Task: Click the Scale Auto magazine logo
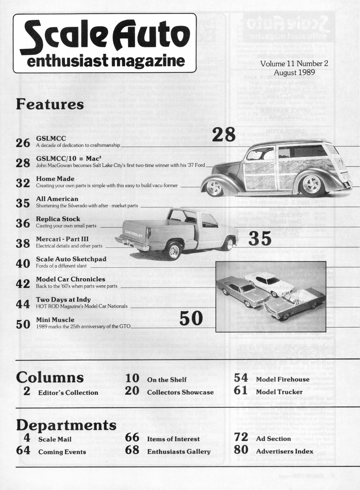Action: pyautogui.click(x=104, y=43)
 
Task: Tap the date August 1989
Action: pyautogui.click(x=294, y=72)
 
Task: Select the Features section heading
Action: pyautogui.click(x=50, y=104)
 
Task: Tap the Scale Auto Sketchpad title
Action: pyautogui.click(x=71, y=259)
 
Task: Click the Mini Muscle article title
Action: pyautogui.click(x=55, y=319)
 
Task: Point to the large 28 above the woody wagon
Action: pyautogui.click(x=223, y=135)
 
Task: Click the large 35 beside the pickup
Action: pyautogui.click(x=260, y=239)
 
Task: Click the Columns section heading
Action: pyautogui.click(x=50, y=377)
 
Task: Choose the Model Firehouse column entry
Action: pyautogui.click(x=282, y=379)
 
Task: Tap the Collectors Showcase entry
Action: pyautogui.click(x=180, y=392)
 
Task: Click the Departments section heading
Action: pyautogui.click(x=66, y=425)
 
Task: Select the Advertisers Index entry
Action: pyautogui.click(x=284, y=451)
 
